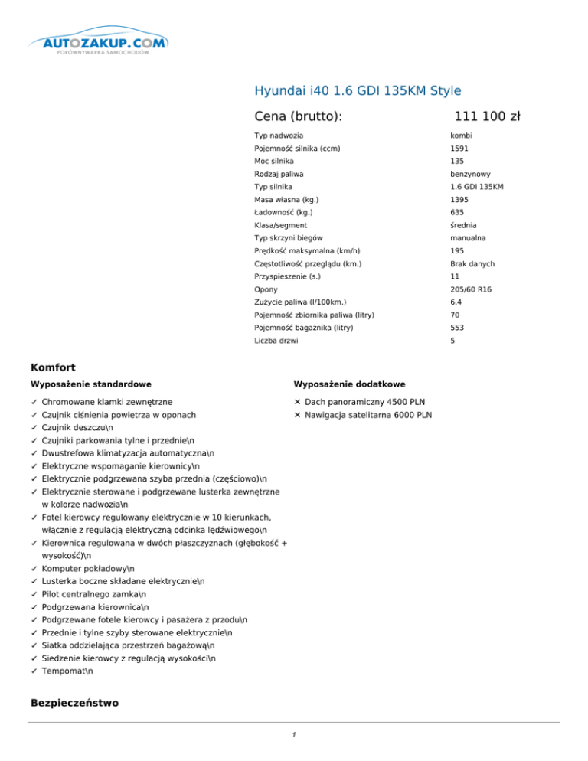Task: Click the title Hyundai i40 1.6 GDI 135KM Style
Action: [358, 91]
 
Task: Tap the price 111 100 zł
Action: [487, 116]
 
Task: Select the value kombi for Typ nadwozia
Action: [461, 136]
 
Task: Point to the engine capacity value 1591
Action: [459, 149]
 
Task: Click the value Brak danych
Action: [472, 263]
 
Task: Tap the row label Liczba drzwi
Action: [276, 341]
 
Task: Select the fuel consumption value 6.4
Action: [456, 302]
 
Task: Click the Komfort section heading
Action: [54, 367]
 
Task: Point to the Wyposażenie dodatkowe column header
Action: [349, 384]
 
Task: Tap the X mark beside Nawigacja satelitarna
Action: [297, 415]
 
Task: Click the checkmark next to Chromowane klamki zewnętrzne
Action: [33, 401]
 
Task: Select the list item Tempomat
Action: [67, 671]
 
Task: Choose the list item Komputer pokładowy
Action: [88, 569]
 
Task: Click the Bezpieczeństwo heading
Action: [73, 703]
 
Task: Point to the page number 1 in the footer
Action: [294, 736]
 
